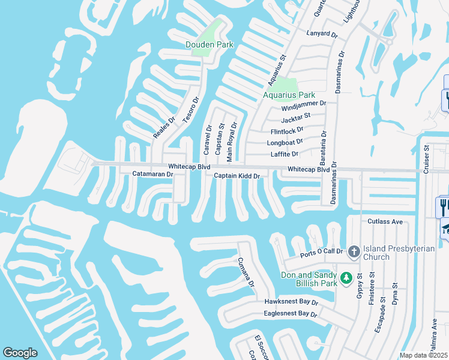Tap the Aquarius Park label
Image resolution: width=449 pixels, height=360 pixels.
(289, 95)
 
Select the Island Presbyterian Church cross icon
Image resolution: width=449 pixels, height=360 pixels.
(354, 251)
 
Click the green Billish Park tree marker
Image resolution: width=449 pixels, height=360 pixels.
(346, 278)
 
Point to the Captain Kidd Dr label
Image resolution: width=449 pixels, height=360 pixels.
(237, 176)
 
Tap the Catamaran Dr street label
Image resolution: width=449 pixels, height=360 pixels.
(152, 174)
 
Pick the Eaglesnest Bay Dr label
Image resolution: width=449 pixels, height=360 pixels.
(290, 314)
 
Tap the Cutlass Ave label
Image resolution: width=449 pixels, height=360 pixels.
(385, 221)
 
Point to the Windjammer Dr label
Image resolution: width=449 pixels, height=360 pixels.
(304, 103)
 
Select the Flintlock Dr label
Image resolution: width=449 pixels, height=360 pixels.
(287, 130)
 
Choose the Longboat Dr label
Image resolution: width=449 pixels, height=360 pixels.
(286, 143)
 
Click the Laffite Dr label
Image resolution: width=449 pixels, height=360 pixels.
(285, 154)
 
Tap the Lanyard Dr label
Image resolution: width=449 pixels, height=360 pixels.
(322, 33)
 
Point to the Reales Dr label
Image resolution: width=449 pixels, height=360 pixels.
(163, 127)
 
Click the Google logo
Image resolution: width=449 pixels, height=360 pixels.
(20, 353)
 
